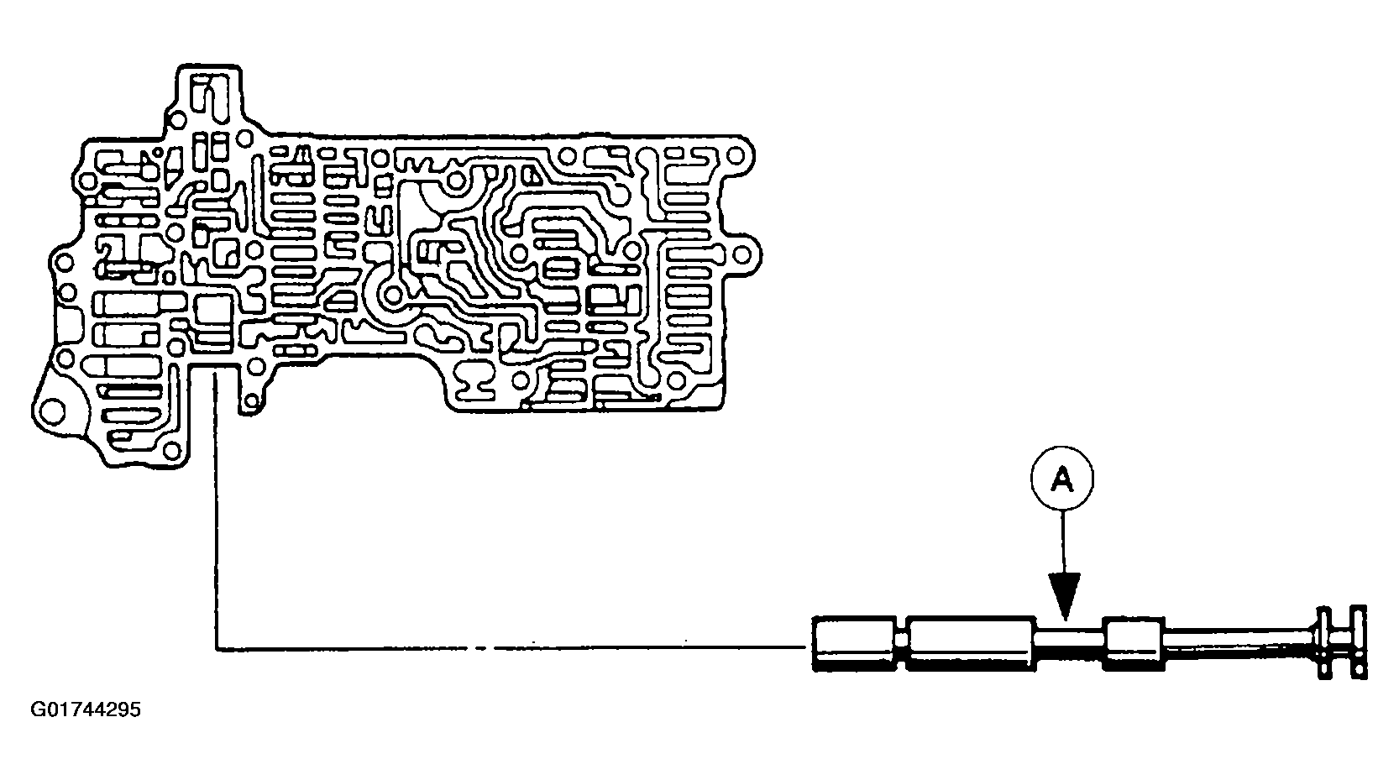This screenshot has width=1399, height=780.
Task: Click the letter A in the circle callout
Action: point(1062,479)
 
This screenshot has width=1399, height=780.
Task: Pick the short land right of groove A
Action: point(1134,644)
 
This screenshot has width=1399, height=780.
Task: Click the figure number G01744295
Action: point(86,710)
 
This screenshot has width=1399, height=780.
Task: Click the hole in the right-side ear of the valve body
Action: point(747,252)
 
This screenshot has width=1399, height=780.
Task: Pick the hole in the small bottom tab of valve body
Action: point(249,404)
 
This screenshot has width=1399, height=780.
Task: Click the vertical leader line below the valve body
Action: point(217,504)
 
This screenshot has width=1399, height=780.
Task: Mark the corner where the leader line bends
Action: point(217,648)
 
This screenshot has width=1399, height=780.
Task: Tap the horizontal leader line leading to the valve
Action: point(504,648)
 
